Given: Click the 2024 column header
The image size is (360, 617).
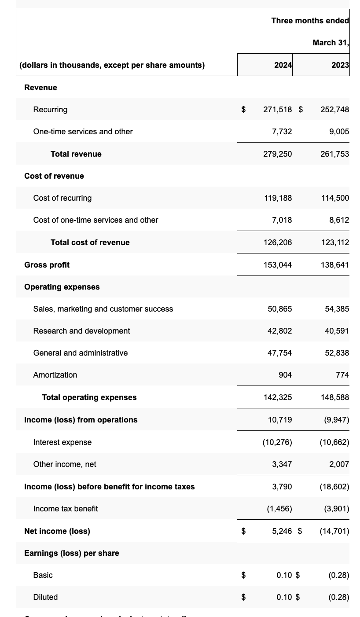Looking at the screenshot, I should pyautogui.click(x=283, y=65).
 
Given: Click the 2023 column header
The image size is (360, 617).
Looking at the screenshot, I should pyautogui.click(x=340, y=65).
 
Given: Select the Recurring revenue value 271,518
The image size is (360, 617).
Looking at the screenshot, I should pyautogui.click(x=277, y=110).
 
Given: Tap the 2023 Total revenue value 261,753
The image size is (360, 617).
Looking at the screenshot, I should pyautogui.click(x=334, y=154).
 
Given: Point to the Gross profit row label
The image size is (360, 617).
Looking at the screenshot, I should pyautogui.click(x=47, y=265).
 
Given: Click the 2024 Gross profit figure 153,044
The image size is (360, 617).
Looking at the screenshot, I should pyautogui.click(x=277, y=265).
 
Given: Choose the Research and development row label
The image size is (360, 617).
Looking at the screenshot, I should pyautogui.click(x=81, y=331).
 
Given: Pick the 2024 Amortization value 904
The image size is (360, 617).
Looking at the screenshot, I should pyautogui.click(x=285, y=375).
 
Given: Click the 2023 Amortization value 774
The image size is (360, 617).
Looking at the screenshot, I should pyautogui.click(x=342, y=375).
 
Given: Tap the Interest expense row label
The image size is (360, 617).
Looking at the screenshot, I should pyautogui.click(x=62, y=442).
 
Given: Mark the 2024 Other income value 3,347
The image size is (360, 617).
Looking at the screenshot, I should pyautogui.click(x=282, y=464).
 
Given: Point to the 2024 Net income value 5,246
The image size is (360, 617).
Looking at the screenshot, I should pyautogui.click(x=282, y=531).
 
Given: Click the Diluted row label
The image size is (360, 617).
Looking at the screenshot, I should pyautogui.click(x=45, y=597).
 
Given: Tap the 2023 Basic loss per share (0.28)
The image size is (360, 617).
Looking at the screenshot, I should pyautogui.click(x=338, y=575).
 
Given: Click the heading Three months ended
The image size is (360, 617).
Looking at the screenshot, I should pyautogui.click(x=310, y=21).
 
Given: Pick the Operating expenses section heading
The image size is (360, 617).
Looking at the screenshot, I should pyautogui.click(x=62, y=287).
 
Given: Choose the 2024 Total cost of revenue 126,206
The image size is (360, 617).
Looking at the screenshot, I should pyautogui.click(x=277, y=242).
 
